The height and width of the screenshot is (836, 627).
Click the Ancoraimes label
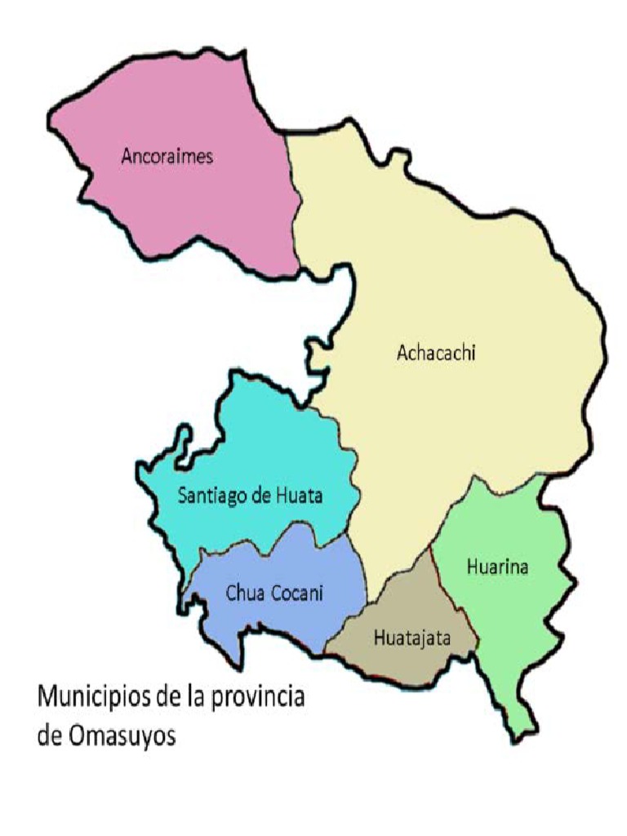tap(167, 156)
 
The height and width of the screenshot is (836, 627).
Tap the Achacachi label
tap(436, 353)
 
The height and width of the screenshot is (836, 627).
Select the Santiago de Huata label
tap(251, 495)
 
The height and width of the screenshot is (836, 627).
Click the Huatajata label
tap(412, 638)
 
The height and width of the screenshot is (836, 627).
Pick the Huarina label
tap(497, 567)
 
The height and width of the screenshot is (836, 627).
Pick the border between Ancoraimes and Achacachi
tap(291, 204)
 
